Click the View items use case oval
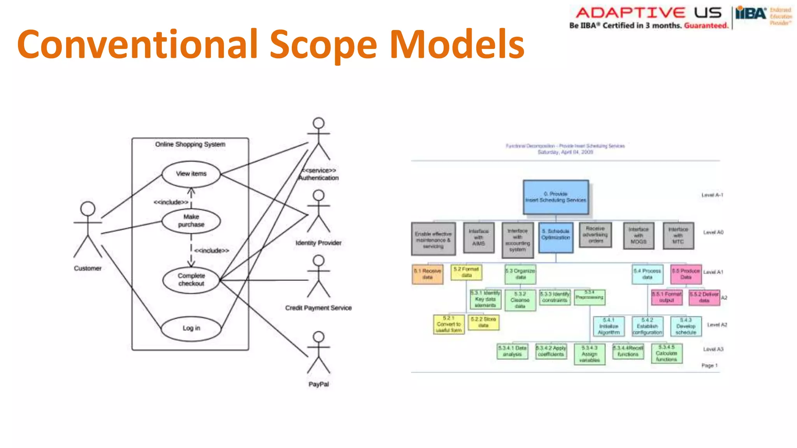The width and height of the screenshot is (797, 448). click(191, 174)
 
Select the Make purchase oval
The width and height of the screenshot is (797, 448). click(191, 221)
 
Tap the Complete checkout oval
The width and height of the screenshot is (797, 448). click(191, 280)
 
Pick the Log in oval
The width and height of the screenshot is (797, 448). click(191, 328)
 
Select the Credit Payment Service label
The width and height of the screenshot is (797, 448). click(318, 308)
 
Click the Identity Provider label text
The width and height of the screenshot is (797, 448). click(318, 243)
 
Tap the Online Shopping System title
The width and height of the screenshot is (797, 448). click(190, 144)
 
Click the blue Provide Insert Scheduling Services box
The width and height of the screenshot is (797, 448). click(556, 197)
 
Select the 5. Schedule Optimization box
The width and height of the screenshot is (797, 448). click(556, 237)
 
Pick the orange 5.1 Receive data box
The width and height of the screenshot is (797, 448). click(427, 274)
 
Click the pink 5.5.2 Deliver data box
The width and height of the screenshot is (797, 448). click(704, 297)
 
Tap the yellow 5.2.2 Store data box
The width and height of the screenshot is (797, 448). click(483, 322)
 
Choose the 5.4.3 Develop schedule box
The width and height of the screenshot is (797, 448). click(686, 326)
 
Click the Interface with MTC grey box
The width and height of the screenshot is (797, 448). click(678, 236)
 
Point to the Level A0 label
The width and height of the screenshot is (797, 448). click(713, 233)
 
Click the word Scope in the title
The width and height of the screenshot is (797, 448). click(323, 45)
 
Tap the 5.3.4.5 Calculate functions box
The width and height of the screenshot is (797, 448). click(666, 353)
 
